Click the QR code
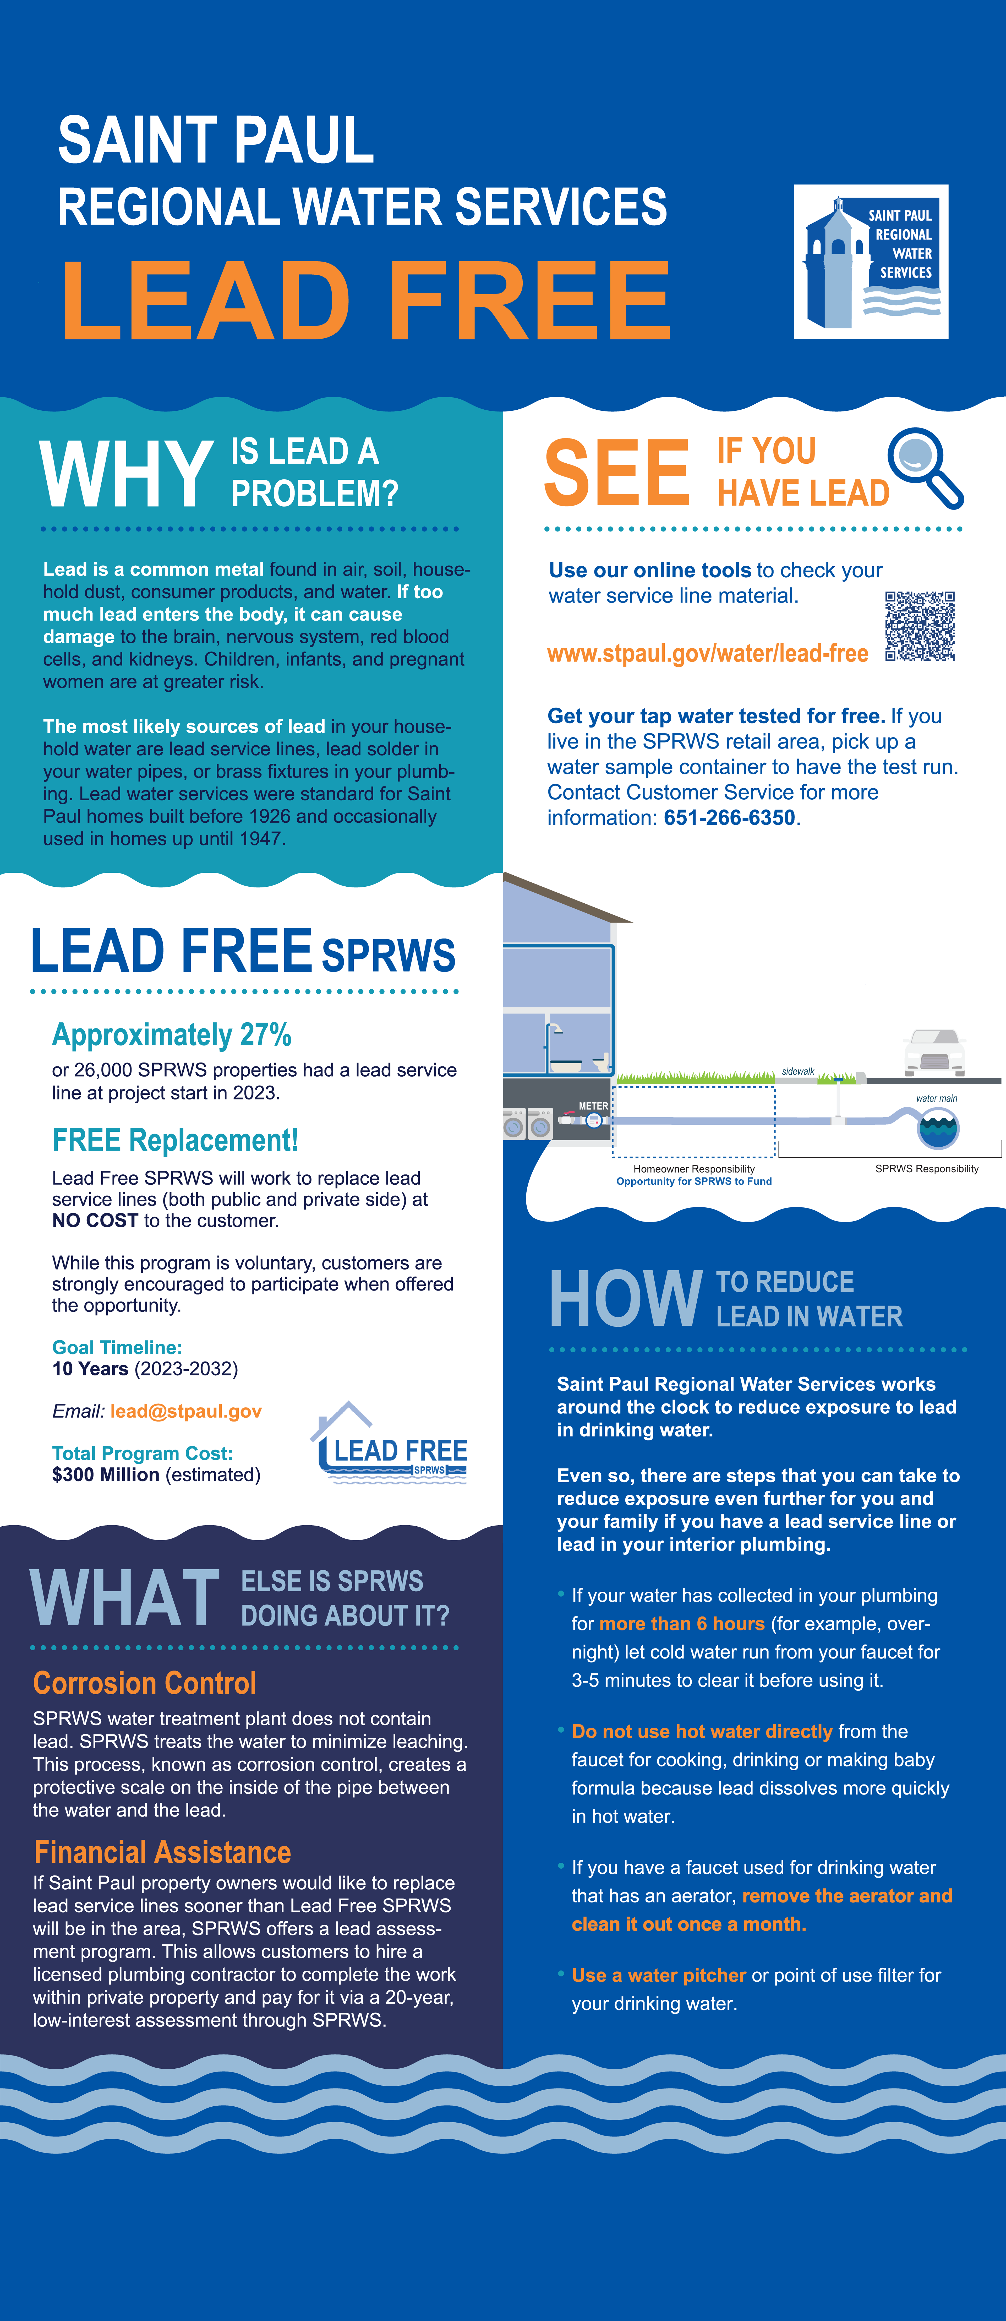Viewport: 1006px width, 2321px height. click(920, 626)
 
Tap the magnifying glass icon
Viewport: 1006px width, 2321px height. click(924, 466)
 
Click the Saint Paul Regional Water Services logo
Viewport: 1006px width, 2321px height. click(870, 261)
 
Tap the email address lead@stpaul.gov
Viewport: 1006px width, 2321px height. click(185, 1411)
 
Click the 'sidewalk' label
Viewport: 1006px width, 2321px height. click(798, 1071)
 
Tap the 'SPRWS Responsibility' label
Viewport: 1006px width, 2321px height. click(927, 1169)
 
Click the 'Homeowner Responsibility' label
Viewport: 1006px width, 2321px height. click(693, 1169)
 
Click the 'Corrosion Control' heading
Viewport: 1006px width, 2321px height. click(144, 1683)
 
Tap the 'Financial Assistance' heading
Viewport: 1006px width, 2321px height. click(162, 1852)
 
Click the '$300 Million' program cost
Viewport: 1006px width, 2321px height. click(105, 1475)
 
